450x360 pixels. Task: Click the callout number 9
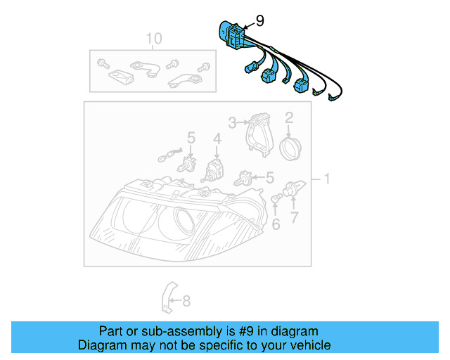pos(259,21)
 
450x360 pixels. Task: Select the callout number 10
pos(153,38)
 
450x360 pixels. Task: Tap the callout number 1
pos(326,180)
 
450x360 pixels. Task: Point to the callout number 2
pos(288,118)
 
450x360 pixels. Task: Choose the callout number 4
pos(217,139)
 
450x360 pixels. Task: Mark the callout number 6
pos(276,224)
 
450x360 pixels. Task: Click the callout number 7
pos(295,217)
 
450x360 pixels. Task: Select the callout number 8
pos(186,302)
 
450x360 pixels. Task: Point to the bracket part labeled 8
pos(169,298)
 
